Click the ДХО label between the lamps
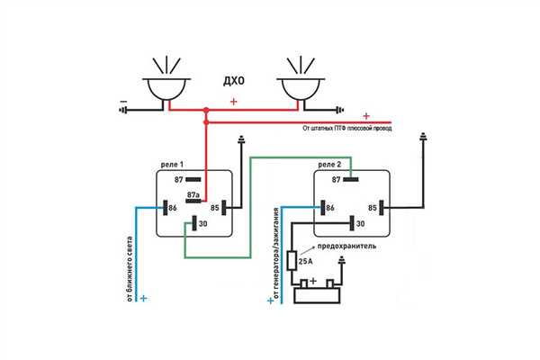tap(234, 81)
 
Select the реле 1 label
tap(172, 165)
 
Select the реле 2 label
tap(329, 165)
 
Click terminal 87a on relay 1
tap(193, 201)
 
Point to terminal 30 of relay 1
tap(194, 223)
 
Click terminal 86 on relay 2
tap(323, 208)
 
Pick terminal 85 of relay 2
tap(382, 208)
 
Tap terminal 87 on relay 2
tap(351, 179)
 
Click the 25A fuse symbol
tap(292, 260)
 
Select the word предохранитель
tap(346, 247)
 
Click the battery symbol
tap(317, 292)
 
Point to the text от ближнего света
tap(130, 269)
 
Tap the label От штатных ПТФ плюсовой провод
tap(347, 128)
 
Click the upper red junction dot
tap(206, 110)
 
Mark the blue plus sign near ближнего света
tap(144, 298)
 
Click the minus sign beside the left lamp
tap(123, 102)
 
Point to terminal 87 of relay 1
tap(193, 179)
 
